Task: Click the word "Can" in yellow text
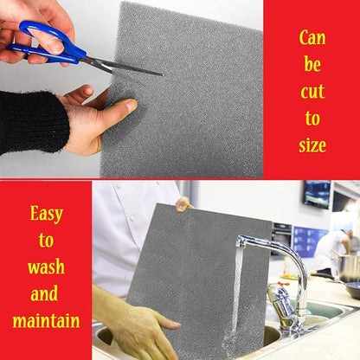(312, 38)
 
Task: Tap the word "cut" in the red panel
(312, 92)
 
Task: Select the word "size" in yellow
(312, 145)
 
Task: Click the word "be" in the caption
(312, 64)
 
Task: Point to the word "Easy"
(46, 214)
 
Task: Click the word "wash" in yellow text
(46, 267)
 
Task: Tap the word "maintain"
(46, 320)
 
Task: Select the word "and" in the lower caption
(44, 293)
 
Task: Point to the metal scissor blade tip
(163, 75)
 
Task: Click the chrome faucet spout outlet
(241, 241)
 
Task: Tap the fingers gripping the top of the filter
(183, 204)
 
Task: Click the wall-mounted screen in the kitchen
(317, 194)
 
